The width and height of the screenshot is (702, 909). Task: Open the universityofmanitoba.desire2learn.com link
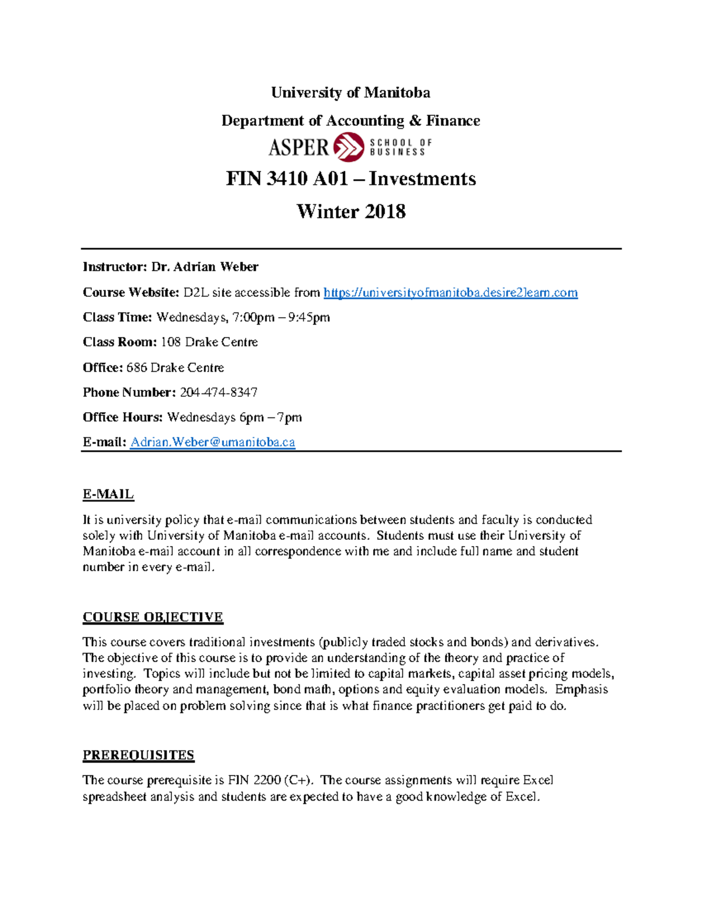click(450, 293)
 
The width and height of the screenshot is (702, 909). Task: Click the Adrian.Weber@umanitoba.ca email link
click(212, 443)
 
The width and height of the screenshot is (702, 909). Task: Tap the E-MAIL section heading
click(108, 494)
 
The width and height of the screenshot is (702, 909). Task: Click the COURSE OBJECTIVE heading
click(153, 617)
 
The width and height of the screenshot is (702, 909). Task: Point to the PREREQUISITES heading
click(138, 755)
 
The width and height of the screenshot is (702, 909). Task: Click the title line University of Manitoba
click(350, 92)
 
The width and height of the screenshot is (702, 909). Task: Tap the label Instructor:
click(114, 267)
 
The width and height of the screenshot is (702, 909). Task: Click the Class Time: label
click(117, 317)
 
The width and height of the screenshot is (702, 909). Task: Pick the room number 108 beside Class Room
click(170, 342)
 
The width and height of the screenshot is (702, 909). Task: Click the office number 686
click(136, 368)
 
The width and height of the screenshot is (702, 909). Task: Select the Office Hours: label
click(122, 417)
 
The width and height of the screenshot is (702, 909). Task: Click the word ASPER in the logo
click(298, 147)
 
